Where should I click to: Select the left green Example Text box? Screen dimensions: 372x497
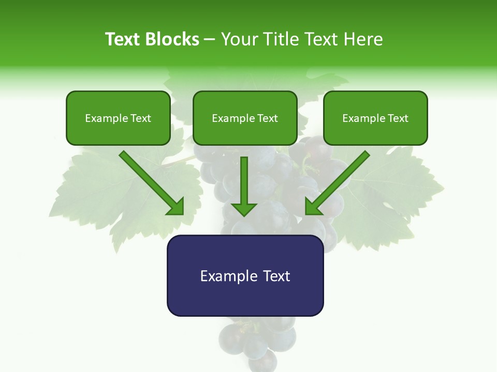[118, 118]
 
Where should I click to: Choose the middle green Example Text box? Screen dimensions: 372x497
[245, 118]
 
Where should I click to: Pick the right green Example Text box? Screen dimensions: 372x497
[375, 118]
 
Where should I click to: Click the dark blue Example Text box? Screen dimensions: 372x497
[245, 275]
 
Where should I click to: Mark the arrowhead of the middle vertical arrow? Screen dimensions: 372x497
[244, 208]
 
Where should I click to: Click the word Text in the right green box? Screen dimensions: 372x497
[398, 118]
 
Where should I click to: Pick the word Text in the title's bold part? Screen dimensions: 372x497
[123, 39]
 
